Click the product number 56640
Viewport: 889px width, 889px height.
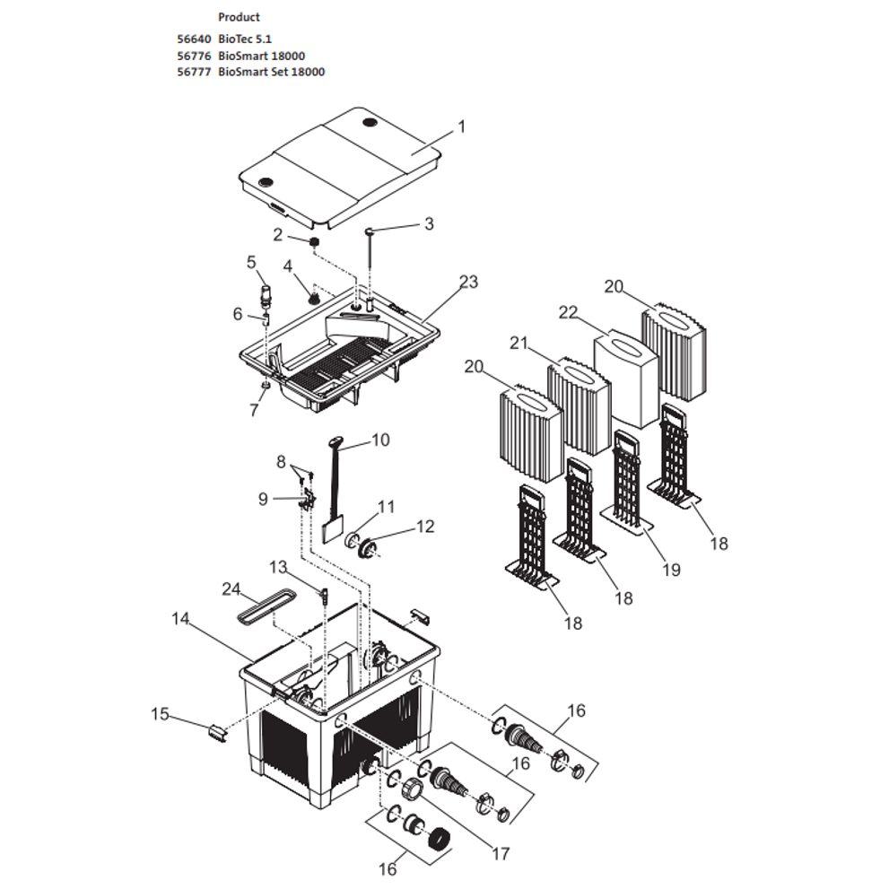(x=194, y=39)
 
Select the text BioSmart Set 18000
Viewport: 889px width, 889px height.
(x=271, y=72)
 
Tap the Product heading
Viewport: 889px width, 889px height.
(x=239, y=17)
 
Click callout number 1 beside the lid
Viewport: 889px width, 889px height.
(x=462, y=126)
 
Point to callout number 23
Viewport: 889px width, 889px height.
(x=469, y=283)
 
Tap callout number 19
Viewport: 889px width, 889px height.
(x=672, y=569)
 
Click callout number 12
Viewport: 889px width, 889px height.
(x=425, y=527)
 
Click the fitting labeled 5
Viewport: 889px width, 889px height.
(x=265, y=292)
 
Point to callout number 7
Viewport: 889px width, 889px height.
(x=254, y=410)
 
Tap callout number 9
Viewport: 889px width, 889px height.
(x=263, y=499)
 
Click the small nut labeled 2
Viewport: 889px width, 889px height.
(x=315, y=242)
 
